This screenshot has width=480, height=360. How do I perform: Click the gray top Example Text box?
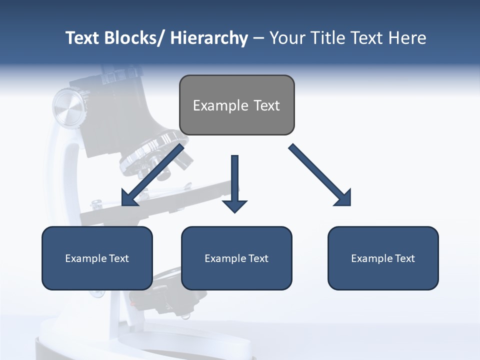tap(236, 105)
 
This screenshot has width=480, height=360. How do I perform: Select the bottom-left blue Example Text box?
tap(97, 258)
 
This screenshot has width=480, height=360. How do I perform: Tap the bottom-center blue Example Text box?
tap(236, 258)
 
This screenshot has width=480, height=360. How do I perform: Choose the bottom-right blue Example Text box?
tap(383, 258)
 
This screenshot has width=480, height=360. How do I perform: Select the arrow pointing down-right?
tap(320, 175)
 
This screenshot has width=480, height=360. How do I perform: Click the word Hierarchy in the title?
tap(209, 38)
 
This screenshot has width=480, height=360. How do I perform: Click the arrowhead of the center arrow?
tap(234, 206)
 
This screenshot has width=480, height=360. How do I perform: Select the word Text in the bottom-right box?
tap(404, 258)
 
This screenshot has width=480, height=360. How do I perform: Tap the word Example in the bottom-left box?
tap(85, 258)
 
